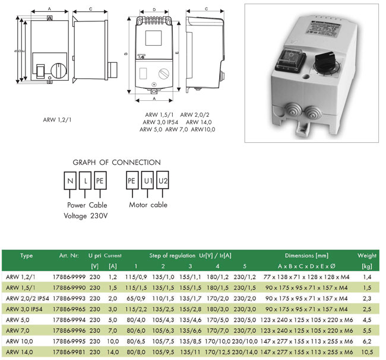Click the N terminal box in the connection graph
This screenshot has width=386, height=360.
71,180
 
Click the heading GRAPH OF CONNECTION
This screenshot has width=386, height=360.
116,162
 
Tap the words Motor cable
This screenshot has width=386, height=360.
148,205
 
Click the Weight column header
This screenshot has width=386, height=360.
367,256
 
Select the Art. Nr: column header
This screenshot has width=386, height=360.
69,256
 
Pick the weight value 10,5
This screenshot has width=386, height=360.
367,352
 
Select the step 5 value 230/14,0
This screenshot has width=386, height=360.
244,352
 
